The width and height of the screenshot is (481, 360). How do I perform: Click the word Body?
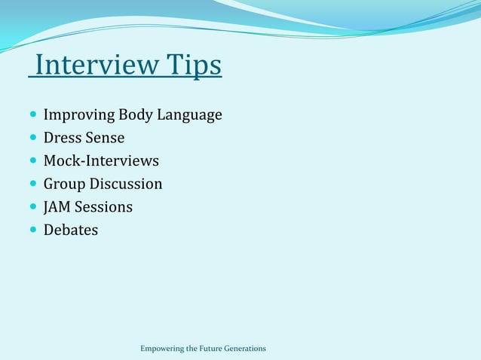(135, 115)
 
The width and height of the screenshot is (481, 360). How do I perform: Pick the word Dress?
(63, 138)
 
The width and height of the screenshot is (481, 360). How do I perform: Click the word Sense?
(106, 138)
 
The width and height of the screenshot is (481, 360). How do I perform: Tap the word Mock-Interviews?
(101, 160)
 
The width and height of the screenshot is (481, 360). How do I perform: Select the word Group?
(64, 184)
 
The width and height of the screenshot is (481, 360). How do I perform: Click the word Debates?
(71, 230)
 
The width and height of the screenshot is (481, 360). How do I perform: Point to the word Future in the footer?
(212, 349)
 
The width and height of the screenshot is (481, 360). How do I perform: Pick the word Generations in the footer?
(247, 349)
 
